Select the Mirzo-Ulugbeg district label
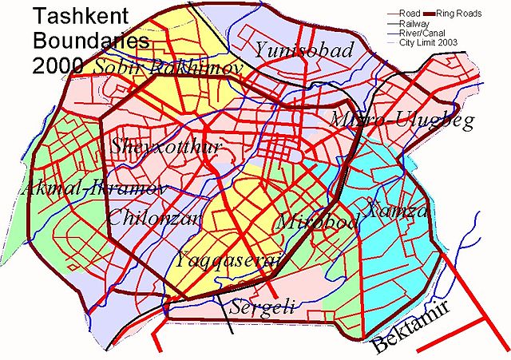point(402,121)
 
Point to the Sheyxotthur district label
point(165,146)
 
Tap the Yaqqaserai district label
point(229,259)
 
